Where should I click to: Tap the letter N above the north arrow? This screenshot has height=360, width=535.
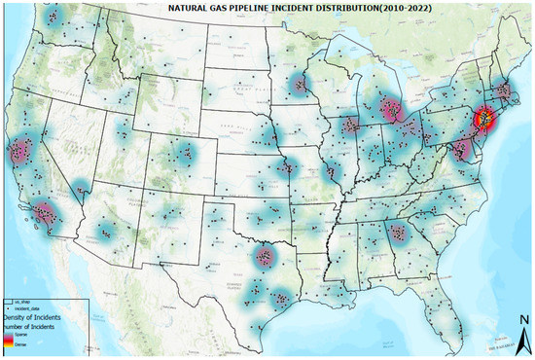[522, 318]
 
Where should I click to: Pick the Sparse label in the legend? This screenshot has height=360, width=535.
[21, 336]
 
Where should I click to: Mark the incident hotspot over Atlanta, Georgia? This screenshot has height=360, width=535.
[396, 232]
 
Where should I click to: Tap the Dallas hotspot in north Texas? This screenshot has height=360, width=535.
[263, 257]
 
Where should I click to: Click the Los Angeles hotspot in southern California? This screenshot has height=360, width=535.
[45, 211]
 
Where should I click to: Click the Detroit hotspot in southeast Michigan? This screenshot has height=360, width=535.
[392, 109]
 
